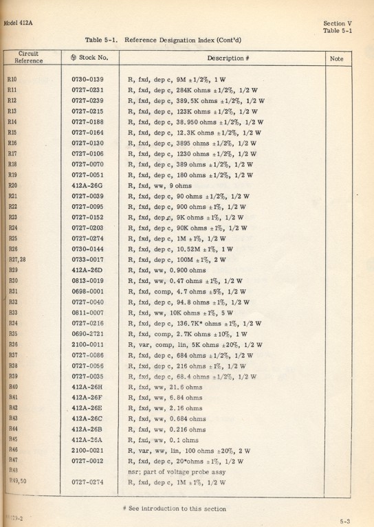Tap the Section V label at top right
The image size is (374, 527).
[337, 23]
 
